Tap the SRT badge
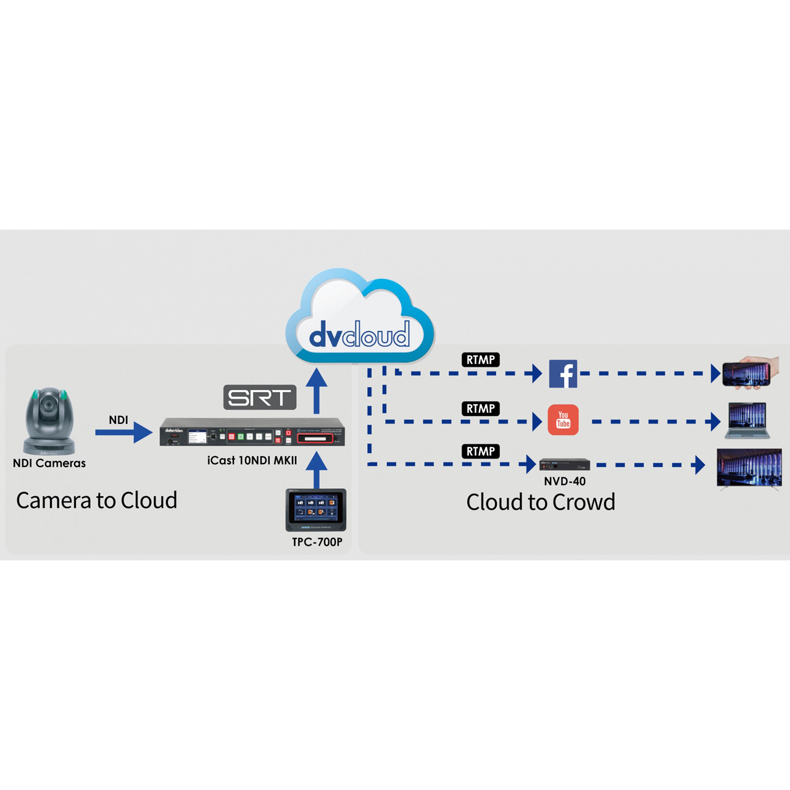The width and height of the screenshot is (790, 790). point(260,397)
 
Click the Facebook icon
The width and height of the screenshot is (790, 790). point(563,373)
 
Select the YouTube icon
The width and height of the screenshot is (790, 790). point(563,420)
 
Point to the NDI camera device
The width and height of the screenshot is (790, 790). point(49,420)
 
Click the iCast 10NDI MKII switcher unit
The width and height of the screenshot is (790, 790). point(252,432)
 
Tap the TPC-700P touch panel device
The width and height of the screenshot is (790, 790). point(316,510)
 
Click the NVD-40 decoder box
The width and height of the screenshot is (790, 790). point(565,465)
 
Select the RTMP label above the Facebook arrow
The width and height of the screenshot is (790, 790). point(480,360)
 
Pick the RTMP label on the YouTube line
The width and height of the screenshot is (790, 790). point(480,409)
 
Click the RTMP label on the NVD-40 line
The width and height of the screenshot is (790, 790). point(480,451)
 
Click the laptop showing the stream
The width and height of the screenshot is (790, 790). point(747,420)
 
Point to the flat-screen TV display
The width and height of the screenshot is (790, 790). point(749,468)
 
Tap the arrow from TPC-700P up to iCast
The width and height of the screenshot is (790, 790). point(317,470)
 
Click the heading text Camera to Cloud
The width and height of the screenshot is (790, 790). point(97,500)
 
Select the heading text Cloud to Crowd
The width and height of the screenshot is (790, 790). point(541,502)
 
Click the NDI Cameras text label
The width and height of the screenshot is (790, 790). point(49,464)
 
